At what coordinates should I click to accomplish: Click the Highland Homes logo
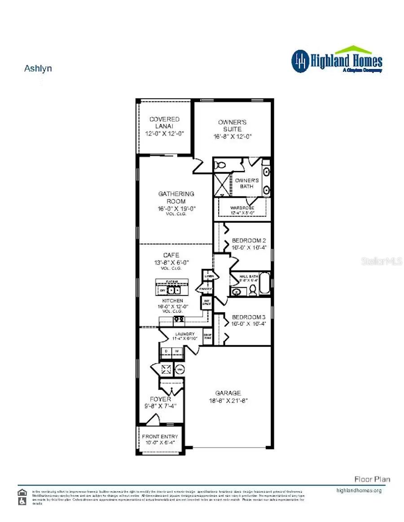(x=337, y=60)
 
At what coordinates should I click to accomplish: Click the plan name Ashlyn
(x=38, y=69)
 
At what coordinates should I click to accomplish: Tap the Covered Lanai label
(x=164, y=122)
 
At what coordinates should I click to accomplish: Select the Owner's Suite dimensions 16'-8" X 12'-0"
(x=232, y=137)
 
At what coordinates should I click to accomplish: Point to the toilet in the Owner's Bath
(x=220, y=165)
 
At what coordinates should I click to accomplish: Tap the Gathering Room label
(x=176, y=197)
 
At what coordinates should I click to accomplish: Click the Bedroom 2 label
(x=249, y=241)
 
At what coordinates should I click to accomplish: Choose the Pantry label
(x=206, y=289)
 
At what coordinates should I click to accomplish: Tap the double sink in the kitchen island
(x=174, y=290)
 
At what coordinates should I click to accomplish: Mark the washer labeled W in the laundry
(x=177, y=351)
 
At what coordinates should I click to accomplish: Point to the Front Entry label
(x=160, y=436)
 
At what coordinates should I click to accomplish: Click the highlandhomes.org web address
(x=359, y=490)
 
